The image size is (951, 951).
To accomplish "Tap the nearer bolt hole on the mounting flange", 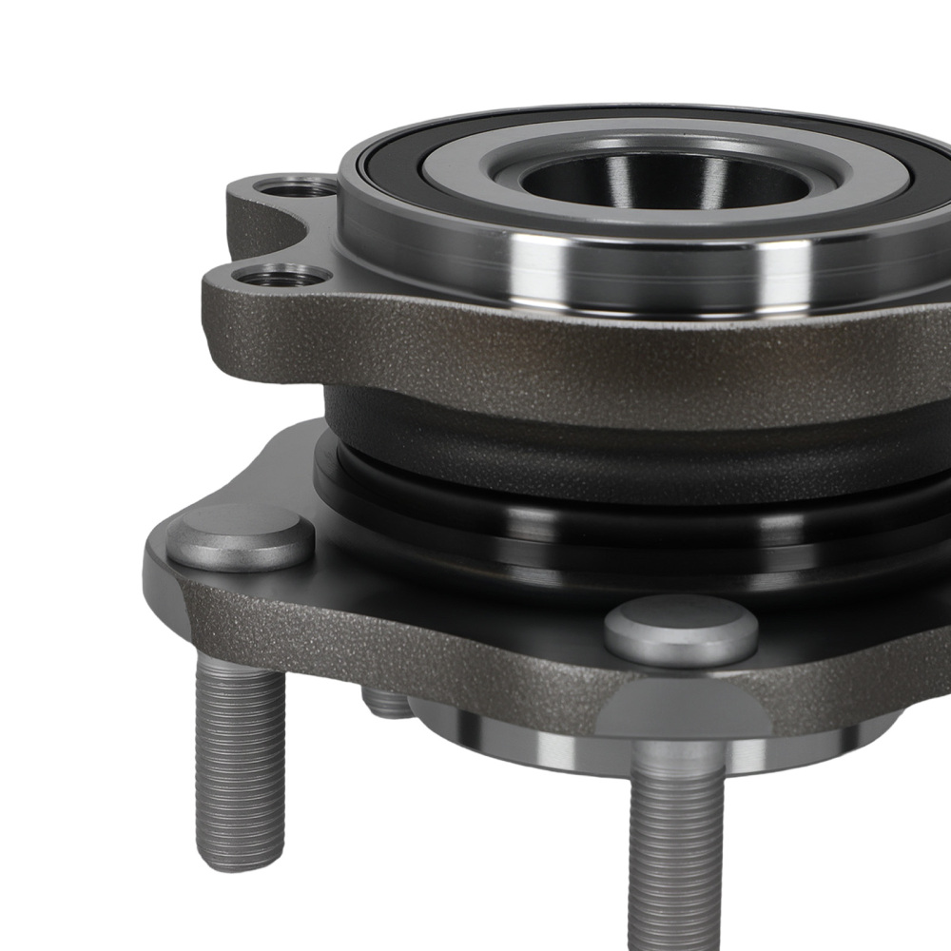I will (x=281, y=277).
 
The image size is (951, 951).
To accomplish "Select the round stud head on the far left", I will (x=240, y=536).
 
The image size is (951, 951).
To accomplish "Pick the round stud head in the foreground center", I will (x=681, y=630).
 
